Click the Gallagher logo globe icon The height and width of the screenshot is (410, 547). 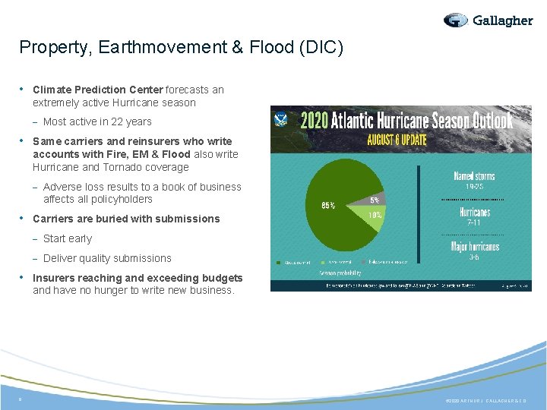point(456,20)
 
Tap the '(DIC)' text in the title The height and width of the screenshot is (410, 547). point(321,48)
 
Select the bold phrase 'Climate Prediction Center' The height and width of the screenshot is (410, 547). point(98,90)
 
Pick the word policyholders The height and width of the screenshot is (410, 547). point(121,199)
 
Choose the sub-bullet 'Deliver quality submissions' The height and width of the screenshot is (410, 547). point(107,258)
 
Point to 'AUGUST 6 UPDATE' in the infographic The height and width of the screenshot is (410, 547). point(397,140)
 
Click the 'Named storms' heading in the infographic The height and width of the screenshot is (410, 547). point(474,175)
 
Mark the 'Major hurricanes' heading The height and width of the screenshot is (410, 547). point(474,247)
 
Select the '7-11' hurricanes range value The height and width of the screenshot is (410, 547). point(474,223)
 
